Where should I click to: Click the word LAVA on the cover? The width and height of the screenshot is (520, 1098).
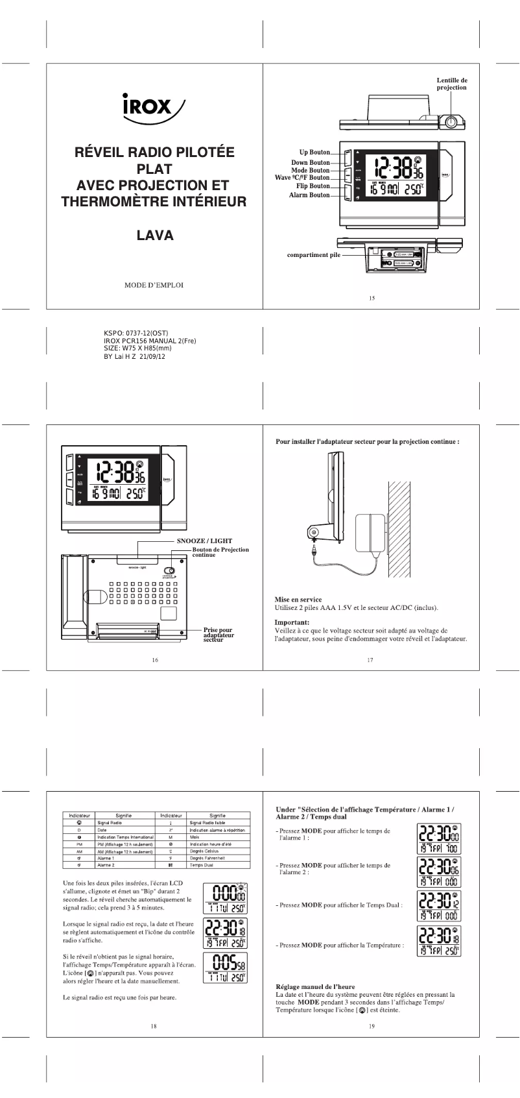click(x=155, y=236)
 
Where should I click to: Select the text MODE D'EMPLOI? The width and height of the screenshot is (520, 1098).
click(x=154, y=285)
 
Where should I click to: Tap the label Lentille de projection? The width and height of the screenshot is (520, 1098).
click(x=451, y=83)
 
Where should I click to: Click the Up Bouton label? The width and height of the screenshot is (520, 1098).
click(x=314, y=152)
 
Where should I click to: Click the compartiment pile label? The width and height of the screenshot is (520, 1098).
click(x=313, y=255)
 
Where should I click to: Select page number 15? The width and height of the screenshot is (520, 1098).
click(x=372, y=299)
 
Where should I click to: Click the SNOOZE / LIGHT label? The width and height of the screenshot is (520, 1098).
click(x=204, y=541)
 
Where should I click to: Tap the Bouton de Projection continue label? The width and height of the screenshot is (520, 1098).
click(x=220, y=552)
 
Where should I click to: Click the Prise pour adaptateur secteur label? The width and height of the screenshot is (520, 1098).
click(x=219, y=635)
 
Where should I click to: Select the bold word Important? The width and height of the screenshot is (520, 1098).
click(x=292, y=622)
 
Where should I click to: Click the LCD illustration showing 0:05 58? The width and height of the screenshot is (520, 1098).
click(x=224, y=968)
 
